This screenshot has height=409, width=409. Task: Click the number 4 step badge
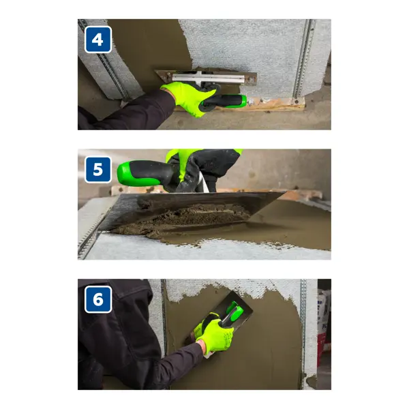pyautogui.click(x=98, y=40)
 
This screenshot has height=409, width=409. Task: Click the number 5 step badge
pyautogui.click(x=98, y=170)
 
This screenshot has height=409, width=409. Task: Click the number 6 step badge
pyautogui.click(x=98, y=299)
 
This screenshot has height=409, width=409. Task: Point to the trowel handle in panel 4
pyautogui.click(x=225, y=102)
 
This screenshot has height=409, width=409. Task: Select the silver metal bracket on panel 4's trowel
pyautogui.click(x=208, y=78)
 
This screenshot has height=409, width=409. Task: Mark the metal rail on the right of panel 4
pyautogui.click(x=303, y=60)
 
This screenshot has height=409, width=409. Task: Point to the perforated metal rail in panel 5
pyautogui.click(x=90, y=234)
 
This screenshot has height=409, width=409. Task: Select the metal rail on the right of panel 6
pyautogui.click(x=303, y=334)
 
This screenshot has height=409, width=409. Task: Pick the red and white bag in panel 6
pyautogui.click(x=322, y=326)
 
